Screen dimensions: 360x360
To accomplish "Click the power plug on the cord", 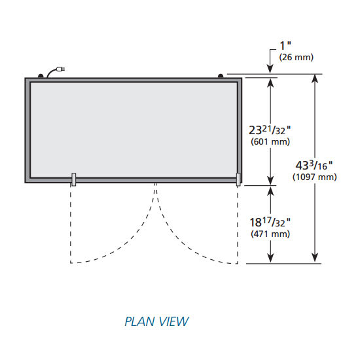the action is point(61,69).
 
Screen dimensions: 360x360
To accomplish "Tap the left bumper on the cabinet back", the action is point(41,76).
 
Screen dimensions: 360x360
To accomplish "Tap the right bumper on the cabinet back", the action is point(221,76).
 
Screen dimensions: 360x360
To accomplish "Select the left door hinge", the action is point(73,179).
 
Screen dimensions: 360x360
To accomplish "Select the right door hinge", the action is point(238,179).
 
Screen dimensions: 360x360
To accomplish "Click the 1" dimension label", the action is point(285,45).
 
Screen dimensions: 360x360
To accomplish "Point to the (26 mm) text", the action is point(296,57).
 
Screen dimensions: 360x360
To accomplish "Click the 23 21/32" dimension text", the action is point(270,130).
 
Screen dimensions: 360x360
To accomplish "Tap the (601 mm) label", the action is point(270,141).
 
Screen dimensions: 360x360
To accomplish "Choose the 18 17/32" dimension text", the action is point(270,222).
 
